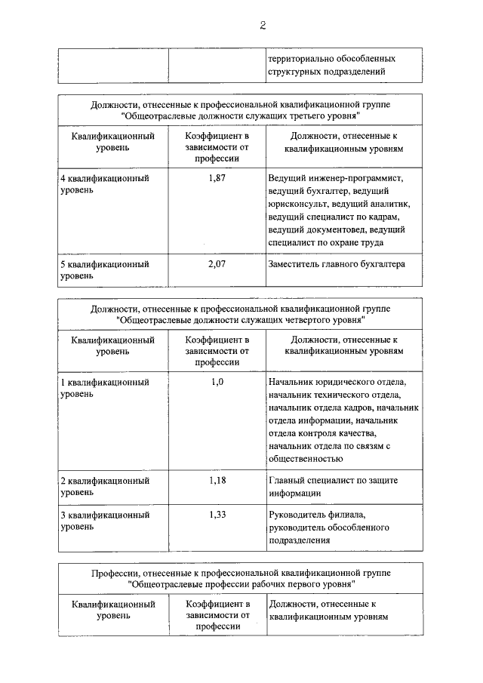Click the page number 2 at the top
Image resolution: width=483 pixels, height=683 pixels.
(x=263, y=25)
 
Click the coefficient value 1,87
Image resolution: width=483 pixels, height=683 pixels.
(x=217, y=178)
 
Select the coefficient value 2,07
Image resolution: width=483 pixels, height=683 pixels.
(x=217, y=264)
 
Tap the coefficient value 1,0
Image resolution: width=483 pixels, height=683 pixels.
(x=217, y=382)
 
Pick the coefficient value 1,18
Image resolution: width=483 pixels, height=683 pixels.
(x=217, y=480)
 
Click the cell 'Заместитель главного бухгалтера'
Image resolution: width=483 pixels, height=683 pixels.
(x=337, y=264)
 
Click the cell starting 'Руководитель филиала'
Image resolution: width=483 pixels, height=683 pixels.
(x=321, y=527)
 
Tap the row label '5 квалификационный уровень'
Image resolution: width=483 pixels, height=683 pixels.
(x=104, y=270)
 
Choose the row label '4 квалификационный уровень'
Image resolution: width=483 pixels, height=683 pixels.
(x=104, y=184)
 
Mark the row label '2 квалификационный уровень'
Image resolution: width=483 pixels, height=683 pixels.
(x=104, y=486)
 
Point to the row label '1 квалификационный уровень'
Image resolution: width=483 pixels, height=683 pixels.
(x=104, y=388)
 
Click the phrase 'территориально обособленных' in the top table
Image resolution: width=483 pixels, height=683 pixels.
(x=331, y=58)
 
